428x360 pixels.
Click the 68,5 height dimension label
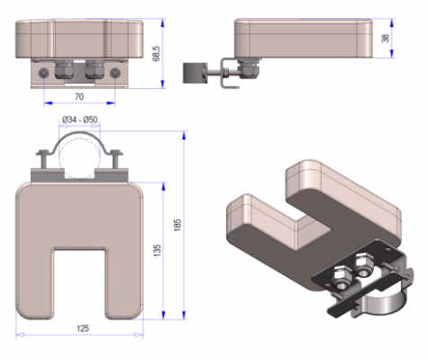coord(157,54)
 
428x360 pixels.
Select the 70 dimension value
coord(79,97)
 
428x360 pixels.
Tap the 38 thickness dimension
coord(386,38)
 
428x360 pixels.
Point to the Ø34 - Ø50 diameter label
coord(80,120)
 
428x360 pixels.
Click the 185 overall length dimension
coord(178,225)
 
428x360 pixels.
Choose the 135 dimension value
coord(157,250)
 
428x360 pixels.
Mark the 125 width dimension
coord(83,328)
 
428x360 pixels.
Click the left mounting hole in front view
coord(44,73)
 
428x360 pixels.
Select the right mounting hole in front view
coord(115,73)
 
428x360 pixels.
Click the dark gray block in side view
coord(195,73)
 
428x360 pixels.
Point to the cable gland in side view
coord(249,69)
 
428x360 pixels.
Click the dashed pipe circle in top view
coord(79,157)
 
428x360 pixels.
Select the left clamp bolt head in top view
coord(43,153)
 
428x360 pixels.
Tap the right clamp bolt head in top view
coord(116,152)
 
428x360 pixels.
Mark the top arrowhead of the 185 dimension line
coord(184,136)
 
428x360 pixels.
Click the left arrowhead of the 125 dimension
coord(20,335)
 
